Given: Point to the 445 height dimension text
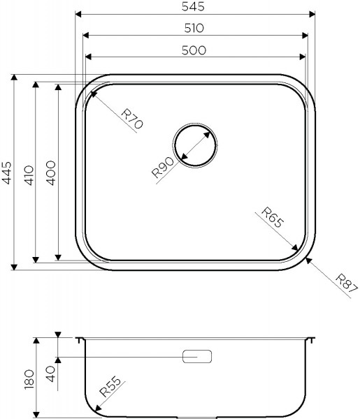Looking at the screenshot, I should [6, 172].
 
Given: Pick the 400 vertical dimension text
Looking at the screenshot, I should [50, 172].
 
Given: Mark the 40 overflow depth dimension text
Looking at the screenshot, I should [49, 372].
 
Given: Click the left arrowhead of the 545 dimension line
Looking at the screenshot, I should [78, 13].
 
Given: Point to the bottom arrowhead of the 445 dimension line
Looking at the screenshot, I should [13, 265].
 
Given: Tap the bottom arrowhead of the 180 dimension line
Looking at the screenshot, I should [37, 412].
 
